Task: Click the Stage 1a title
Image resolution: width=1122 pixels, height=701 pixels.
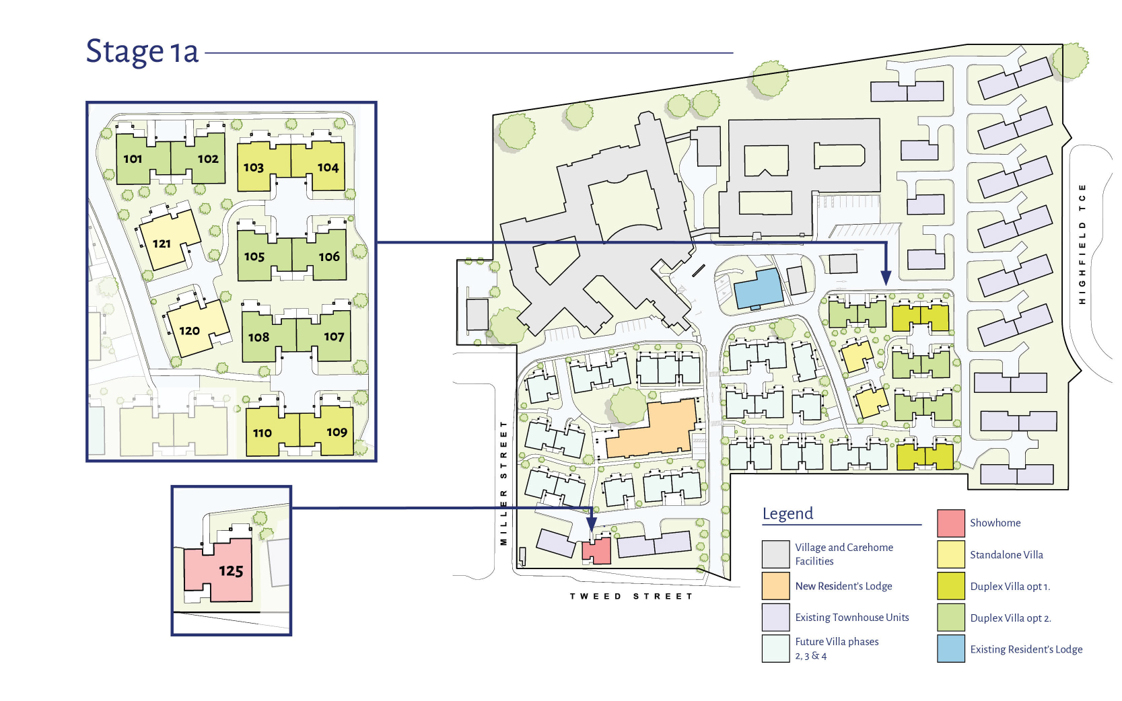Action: (x=142, y=52)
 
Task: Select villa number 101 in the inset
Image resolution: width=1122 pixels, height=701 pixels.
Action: (x=133, y=159)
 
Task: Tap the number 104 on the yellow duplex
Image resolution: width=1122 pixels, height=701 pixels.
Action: (x=328, y=168)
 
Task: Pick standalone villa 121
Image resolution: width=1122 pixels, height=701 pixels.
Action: (x=162, y=244)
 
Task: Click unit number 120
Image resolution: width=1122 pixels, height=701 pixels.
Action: (x=189, y=331)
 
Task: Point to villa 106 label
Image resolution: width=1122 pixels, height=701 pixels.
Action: (x=329, y=257)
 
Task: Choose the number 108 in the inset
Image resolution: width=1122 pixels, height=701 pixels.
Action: (x=258, y=338)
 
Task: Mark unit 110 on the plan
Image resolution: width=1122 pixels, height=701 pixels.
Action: (x=262, y=433)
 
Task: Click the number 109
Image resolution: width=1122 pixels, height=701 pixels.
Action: (x=337, y=432)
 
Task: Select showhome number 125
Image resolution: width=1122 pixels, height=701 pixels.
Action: (x=231, y=570)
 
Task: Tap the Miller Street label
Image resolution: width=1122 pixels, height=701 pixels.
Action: (x=504, y=482)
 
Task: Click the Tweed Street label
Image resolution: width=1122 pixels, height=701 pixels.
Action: (x=631, y=596)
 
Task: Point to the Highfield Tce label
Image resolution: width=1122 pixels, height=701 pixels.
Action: (x=1082, y=244)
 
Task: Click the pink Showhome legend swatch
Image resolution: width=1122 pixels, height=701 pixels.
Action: (x=950, y=523)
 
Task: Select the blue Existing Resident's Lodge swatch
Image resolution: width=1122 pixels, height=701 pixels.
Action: (x=950, y=649)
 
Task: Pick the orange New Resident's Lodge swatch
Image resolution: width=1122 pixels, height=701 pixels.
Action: (x=776, y=586)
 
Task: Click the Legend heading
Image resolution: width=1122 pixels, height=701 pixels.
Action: (x=787, y=514)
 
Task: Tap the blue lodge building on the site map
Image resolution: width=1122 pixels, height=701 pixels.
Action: (x=758, y=289)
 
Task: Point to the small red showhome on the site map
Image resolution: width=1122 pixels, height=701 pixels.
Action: (x=597, y=551)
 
